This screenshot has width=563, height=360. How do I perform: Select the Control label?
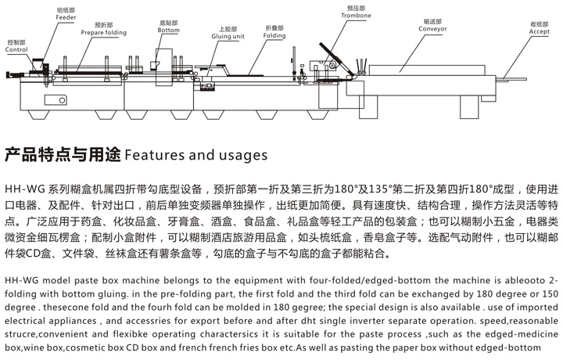click(x=16, y=49)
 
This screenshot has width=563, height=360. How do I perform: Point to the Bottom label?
click(x=168, y=30)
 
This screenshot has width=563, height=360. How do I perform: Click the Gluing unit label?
click(x=232, y=36)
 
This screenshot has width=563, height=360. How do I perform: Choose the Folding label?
click(x=274, y=36)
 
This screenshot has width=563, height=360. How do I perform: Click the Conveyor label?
click(x=432, y=29)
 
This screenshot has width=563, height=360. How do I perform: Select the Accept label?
click(x=539, y=31)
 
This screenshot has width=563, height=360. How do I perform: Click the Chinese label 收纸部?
click(x=539, y=23)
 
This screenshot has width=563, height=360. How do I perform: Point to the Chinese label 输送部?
click(x=432, y=21)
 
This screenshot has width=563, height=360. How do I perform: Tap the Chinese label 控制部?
click(x=16, y=41)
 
